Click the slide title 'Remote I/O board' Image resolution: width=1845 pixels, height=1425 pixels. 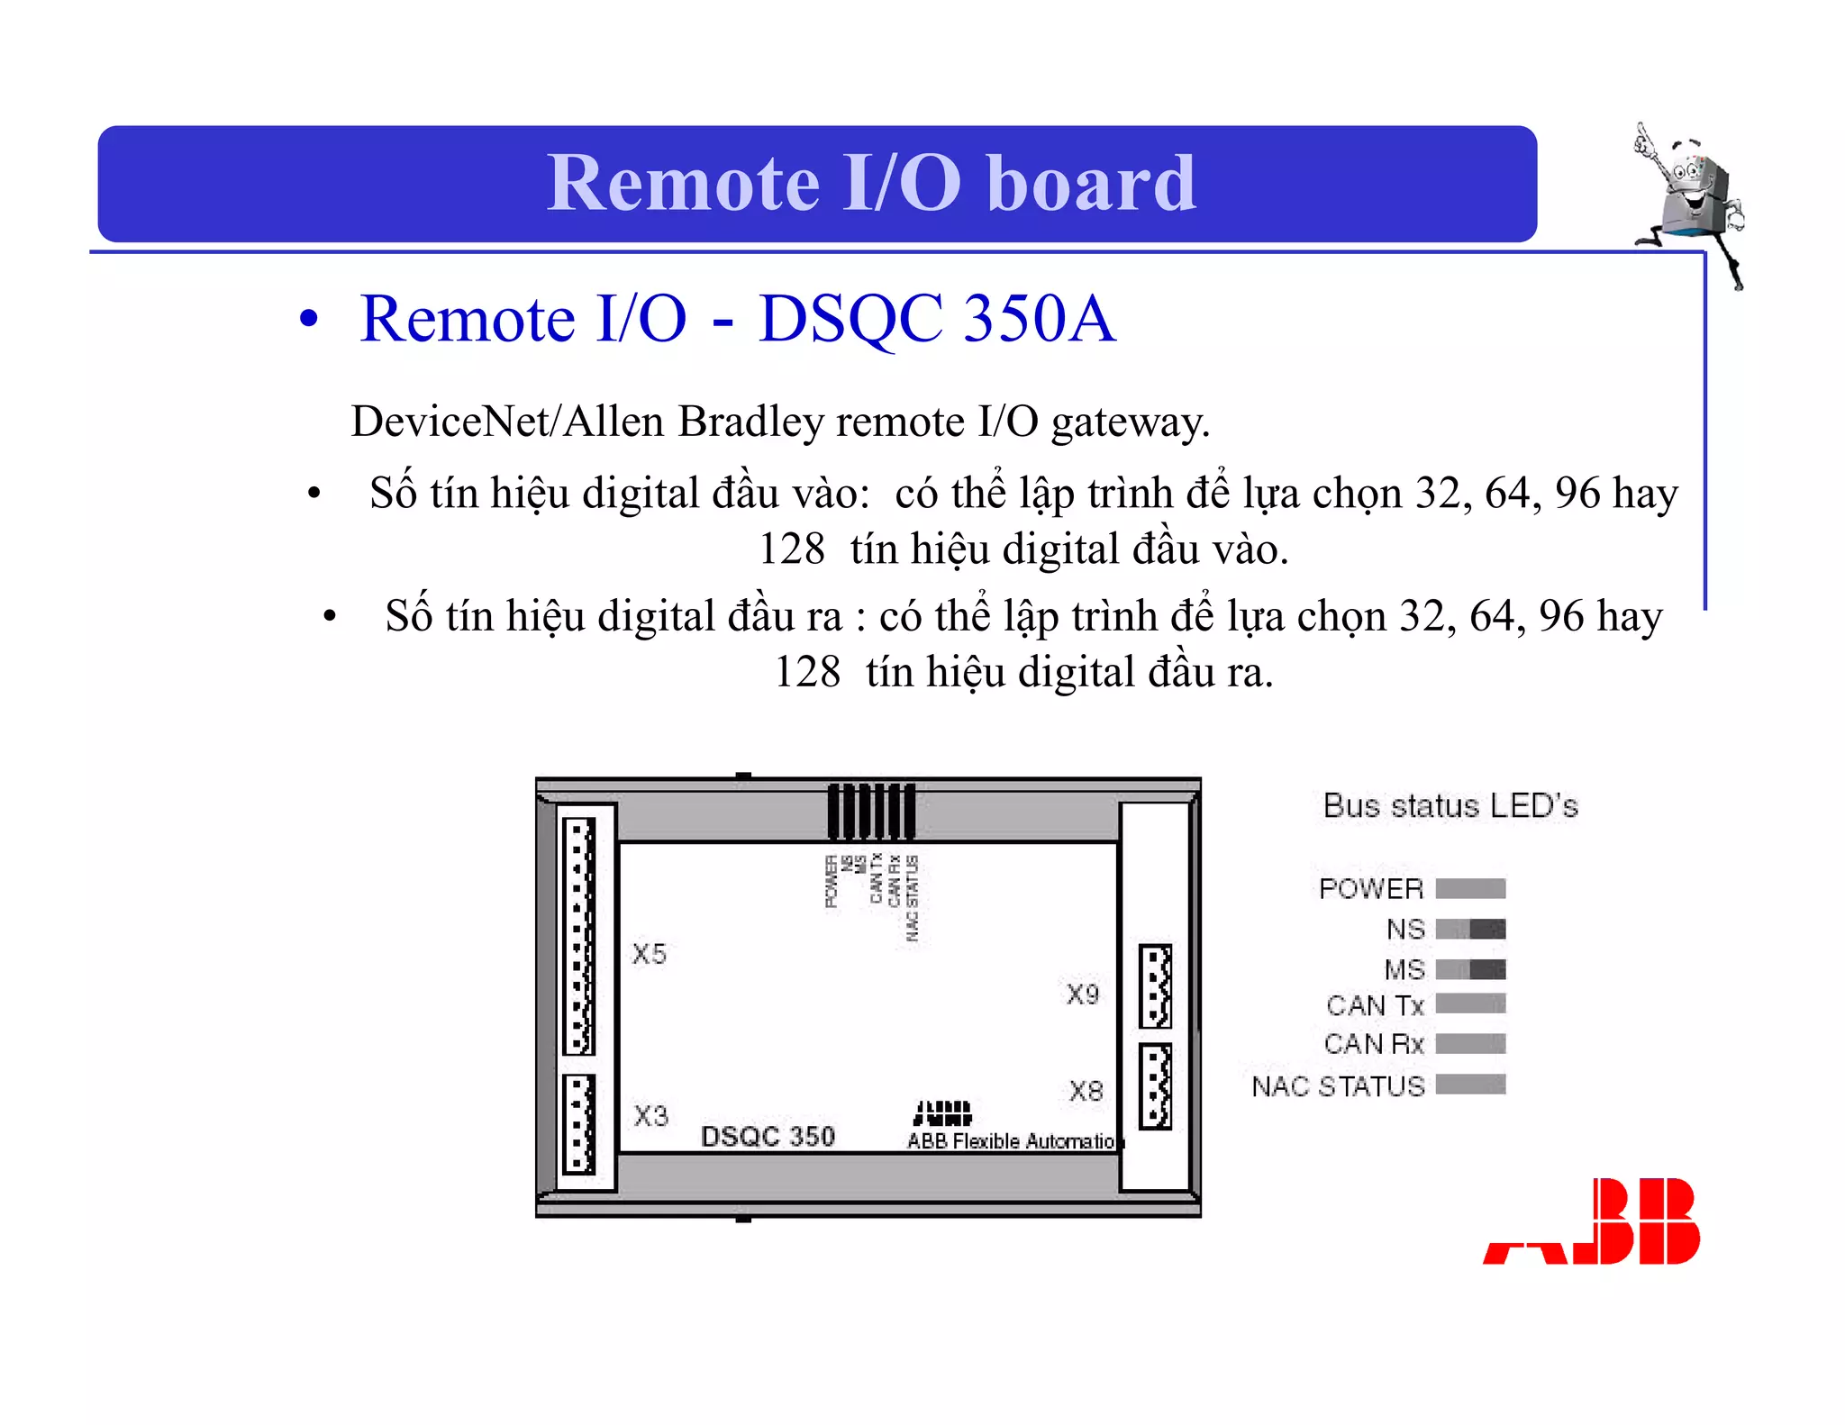(x=870, y=183)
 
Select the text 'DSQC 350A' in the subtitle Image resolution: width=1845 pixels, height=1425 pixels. (x=937, y=319)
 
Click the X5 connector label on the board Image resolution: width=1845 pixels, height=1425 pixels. (x=649, y=954)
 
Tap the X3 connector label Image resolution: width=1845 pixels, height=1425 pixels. (x=650, y=1116)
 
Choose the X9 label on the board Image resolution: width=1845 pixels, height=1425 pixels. (x=1083, y=994)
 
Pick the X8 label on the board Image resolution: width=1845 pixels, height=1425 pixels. (x=1086, y=1092)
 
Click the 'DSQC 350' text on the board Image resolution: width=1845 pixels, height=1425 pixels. (x=768, y=1137)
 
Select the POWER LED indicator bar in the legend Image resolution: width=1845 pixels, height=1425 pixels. (x=1470, y=889)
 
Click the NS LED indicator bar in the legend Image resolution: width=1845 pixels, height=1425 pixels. (x=1470, y=929)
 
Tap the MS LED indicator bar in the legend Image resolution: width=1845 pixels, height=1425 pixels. (x=1470, y=969)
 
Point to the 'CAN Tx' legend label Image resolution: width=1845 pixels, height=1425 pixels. (x=1375, y=1005)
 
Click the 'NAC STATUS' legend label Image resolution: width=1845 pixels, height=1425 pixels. (x=1338, y=1086)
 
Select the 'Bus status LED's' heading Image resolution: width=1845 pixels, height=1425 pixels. (x=1450, y=805)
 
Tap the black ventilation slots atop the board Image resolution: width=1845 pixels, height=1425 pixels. (x=871, y=811)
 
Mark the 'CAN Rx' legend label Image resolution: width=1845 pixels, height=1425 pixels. (x=1374, y=1044)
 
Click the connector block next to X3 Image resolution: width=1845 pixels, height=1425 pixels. (x=579, y=1124)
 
